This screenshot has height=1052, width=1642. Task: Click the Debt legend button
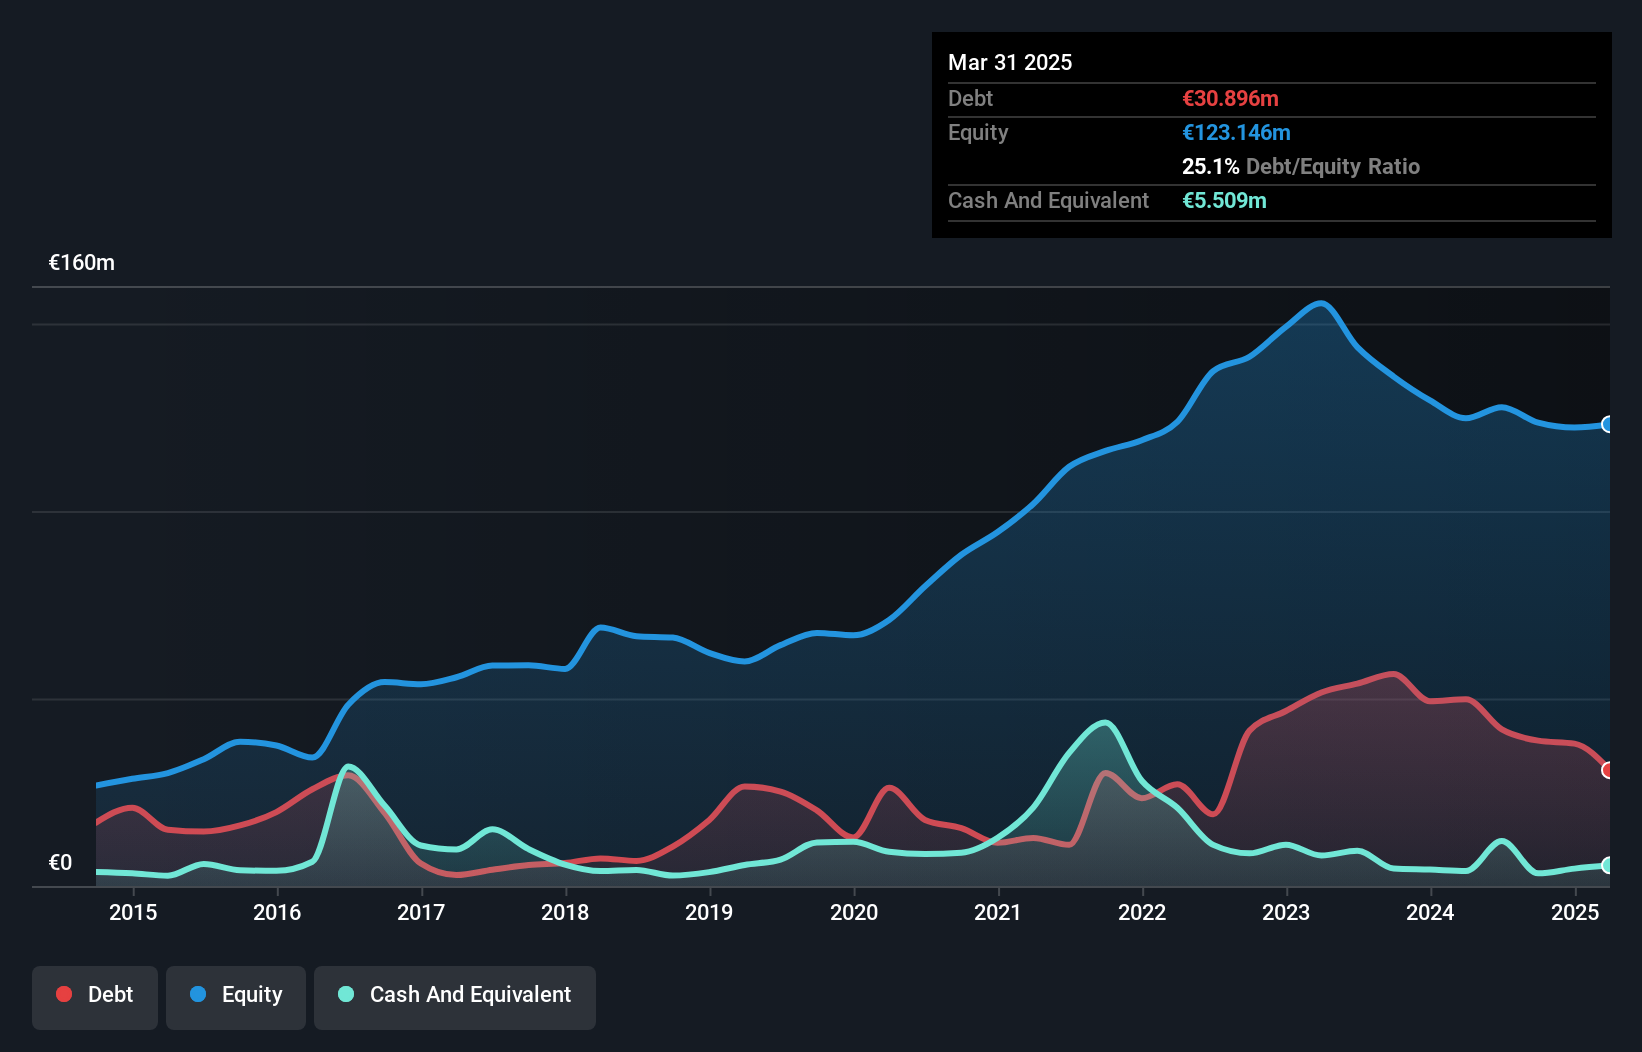95,995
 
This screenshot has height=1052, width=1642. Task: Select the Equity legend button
236,995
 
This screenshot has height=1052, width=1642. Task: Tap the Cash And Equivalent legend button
455,995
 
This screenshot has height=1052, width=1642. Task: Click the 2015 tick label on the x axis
133,912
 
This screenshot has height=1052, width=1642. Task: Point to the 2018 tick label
565,912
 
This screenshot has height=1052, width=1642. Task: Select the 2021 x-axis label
998,912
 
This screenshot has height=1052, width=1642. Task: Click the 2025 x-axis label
1575,912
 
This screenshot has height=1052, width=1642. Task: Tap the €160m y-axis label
82,263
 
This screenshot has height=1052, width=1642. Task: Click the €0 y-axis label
60,862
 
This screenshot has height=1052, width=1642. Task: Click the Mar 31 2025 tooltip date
1010,62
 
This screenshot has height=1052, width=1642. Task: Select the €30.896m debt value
1230,98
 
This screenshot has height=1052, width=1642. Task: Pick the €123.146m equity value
1236,132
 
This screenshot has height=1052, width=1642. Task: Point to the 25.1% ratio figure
1210,166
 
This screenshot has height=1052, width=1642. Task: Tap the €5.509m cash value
1224,200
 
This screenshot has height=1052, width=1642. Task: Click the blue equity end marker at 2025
1608,424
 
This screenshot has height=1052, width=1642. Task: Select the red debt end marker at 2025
1608,770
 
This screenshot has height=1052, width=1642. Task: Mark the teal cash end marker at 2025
1608,865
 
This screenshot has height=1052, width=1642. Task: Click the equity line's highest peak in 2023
1321,303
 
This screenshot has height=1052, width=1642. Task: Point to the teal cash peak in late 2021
1104,722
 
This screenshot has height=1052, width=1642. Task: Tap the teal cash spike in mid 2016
347,767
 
